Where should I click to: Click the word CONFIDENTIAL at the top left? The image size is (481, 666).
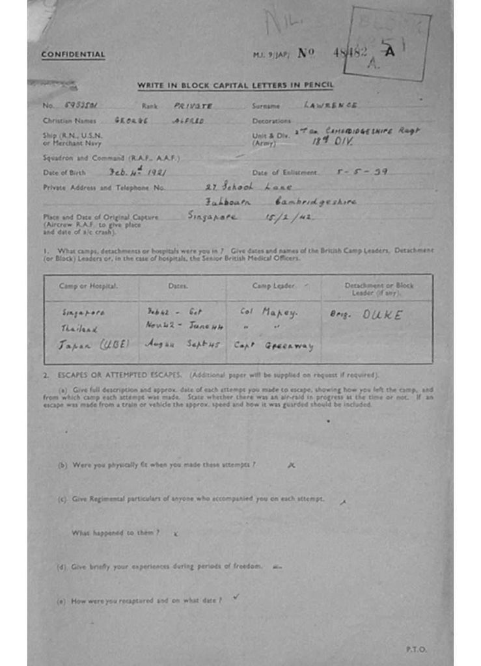[73, 55]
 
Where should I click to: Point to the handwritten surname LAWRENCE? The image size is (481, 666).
[330, 105]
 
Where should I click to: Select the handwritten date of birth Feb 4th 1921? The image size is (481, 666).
[137, 172]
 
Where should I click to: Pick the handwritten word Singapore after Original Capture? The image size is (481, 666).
[212, 216]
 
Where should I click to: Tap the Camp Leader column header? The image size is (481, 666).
[273, 286]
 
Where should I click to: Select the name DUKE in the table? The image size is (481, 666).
[382, 315]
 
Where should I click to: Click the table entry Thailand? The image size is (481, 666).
[79, 329]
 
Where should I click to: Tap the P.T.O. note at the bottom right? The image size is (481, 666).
[415, 648]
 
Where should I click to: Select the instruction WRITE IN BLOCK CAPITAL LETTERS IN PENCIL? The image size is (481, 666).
[235, 85]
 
